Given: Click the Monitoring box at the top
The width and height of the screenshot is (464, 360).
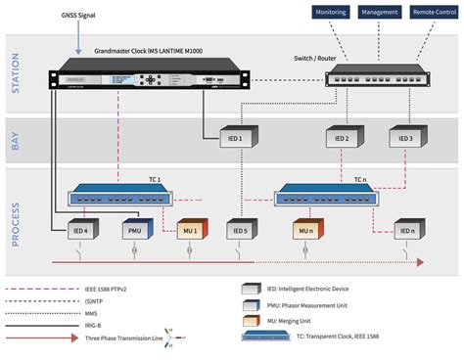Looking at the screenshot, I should click(331, 12).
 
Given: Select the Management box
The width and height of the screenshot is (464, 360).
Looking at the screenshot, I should click(379, 12).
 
